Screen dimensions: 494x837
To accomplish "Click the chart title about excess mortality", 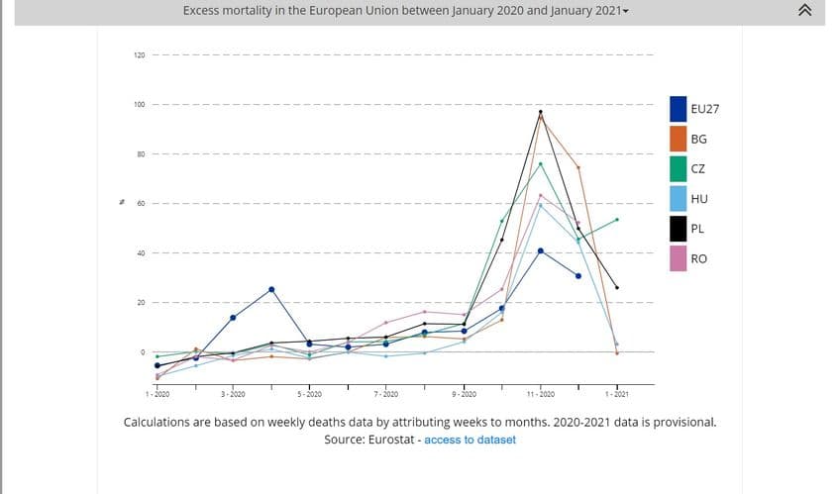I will pyautogui.click(x=401, y=11).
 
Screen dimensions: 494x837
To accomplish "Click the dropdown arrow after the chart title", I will pyautogui.click(x=625, y=12).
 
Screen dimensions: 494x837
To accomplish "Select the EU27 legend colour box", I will pyautogui.click(x=679, y=108).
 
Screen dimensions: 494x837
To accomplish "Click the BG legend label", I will pyautogui.click(x=698, y=139).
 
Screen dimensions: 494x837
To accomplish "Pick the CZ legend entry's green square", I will pyautogui.click(x=679, y=169).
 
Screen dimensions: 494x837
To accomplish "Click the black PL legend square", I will pyautogui.click(x=679, y=230).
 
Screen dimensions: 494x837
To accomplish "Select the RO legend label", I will pyautogui.click(x=698, y=259).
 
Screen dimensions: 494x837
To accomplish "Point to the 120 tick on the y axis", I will pyautogui.click(x=140, y=54).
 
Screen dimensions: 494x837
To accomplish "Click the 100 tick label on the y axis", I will pyautogui.click(x=140, y=104).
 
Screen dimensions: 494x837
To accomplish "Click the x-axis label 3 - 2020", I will pyautogui.click(x=233, y=394).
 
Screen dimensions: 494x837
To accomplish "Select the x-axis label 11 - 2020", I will pyautogui.click(x=540, y=394).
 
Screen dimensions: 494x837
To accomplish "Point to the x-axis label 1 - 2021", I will pyautogui.click(x=616, y=394).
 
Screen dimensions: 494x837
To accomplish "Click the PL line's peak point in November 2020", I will pyautogui.click(x=541, y=112).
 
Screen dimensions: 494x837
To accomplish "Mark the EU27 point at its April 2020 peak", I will pyautogui.click(x=271, y=289).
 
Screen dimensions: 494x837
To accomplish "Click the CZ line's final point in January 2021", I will pyautogui.click(x=617, y=220).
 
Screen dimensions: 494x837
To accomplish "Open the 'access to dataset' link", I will pyautogui.click(x=470, y=440).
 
